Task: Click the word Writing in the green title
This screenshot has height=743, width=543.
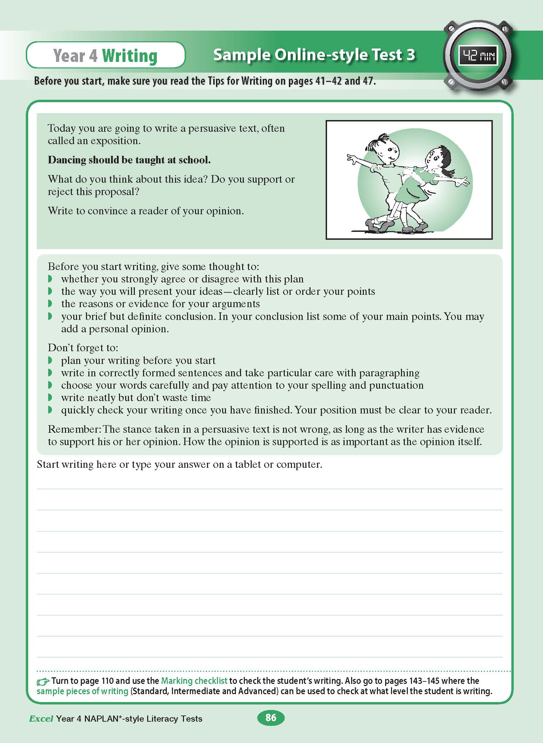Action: [x=130, y=56]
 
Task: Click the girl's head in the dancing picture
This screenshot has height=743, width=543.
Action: [x=436, y=157]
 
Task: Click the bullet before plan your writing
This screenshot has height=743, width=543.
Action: [x=50, y=360]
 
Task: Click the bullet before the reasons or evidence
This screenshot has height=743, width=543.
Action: [x=50, y=304]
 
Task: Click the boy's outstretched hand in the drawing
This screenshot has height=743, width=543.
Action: [x=353, y=159]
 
